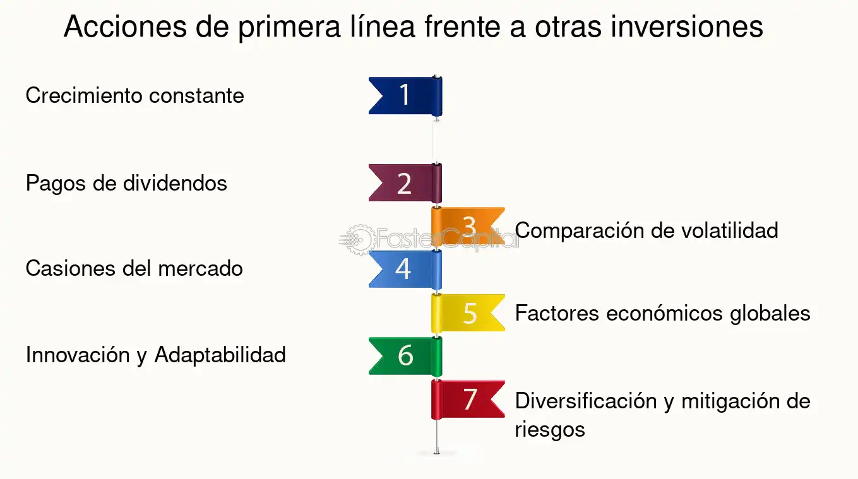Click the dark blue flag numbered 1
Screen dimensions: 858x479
point(405,96)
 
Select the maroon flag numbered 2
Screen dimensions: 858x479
point(405,183)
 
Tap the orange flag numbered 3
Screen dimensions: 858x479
point(468,226)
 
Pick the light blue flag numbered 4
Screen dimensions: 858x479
point(405,269)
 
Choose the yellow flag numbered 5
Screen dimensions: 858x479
point(468,313)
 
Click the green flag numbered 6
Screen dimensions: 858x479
point(405,356)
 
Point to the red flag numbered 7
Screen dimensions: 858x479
point(468,399)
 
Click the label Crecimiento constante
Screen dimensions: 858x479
point(135,95)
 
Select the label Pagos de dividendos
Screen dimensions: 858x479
point(126,184)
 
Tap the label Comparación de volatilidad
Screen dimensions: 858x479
point(646,230)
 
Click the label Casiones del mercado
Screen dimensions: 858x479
point(134,268)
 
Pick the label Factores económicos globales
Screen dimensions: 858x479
point(663,313)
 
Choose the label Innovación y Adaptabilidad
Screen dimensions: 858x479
point(156,355)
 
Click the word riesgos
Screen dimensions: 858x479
point(550,430)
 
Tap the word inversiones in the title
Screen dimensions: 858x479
point(687,27)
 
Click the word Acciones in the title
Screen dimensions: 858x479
point(125,27)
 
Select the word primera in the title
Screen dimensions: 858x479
point(289,28)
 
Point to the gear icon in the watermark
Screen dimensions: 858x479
point(359,240)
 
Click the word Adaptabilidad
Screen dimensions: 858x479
point(220,355)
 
